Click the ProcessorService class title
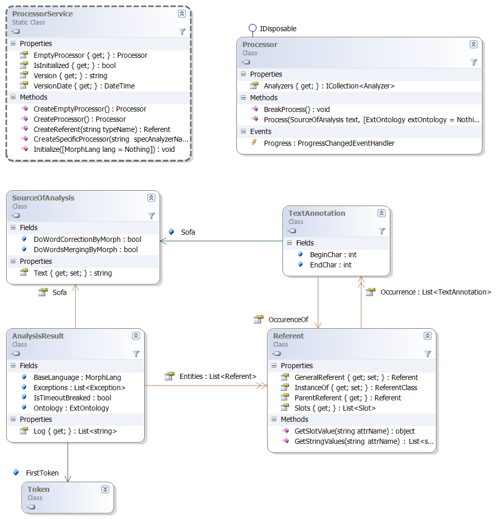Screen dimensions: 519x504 [x=42, y=14]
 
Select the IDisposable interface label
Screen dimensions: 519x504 [x=278, y=29]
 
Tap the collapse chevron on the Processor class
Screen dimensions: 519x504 [x=473, y=44]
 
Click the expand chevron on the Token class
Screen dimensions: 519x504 [x=105, y=489]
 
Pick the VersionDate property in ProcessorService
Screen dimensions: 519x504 [x=84, y=86]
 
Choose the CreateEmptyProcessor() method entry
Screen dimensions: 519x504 [x=90, y=109]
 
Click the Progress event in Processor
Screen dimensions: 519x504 [x=328, y=143]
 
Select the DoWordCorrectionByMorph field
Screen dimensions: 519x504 [x=87, y=239]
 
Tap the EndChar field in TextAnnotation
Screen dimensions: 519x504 [x=331, y=265]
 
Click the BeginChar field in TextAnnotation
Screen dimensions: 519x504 [x=333, y=255]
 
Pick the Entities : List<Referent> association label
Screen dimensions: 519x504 [x=217, y=376]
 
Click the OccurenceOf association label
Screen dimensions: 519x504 [x=288, y=320]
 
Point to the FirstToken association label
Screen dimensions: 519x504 [x=42, y=473]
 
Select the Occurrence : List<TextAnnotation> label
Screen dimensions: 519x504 [x=435, y=292]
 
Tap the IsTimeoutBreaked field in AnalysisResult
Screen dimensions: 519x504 [x=72, y=398]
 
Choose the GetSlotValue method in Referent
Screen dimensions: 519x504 [x=354, y=431]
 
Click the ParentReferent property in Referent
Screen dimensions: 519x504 [x=347, y=398]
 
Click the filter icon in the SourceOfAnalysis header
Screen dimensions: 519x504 [x=151, y=216]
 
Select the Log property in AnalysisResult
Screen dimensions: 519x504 [x=75, y=431]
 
